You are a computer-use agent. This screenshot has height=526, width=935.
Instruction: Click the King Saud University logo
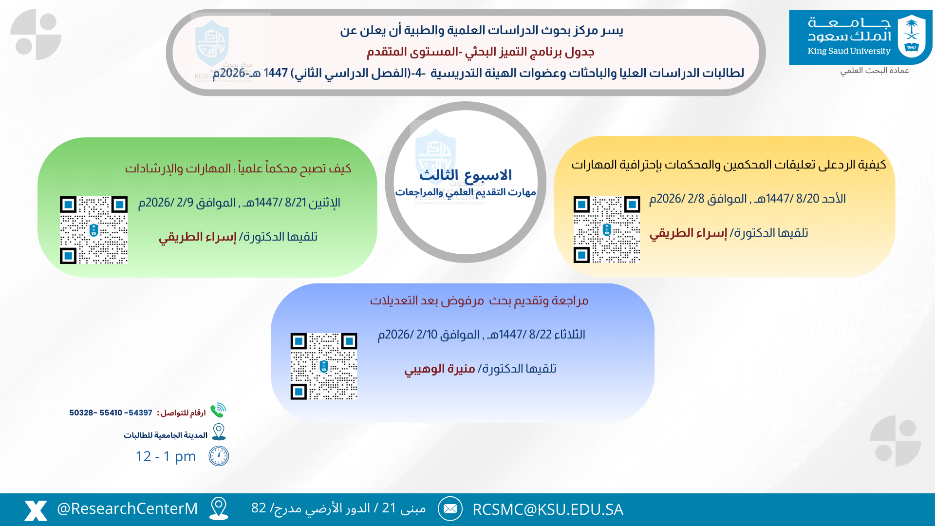click(860, 37)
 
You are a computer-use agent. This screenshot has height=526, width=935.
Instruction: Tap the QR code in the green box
click(93, 230)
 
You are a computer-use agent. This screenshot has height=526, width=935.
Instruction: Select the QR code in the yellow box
click(607, 229)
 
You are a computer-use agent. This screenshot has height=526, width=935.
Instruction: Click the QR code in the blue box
click(324, 366)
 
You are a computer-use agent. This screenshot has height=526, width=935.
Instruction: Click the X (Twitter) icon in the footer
click(36, 510)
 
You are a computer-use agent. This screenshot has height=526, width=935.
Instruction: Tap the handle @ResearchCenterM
click(127, 508)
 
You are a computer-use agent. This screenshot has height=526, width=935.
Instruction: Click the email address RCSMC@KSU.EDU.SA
click(547, 509)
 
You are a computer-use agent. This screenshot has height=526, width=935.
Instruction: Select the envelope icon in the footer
click(450, 509)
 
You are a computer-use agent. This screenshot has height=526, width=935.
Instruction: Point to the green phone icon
click(218, 410)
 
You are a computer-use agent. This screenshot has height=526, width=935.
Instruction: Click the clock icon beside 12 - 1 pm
click(219, 456)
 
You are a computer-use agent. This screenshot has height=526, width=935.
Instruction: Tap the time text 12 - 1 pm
click(166, 456)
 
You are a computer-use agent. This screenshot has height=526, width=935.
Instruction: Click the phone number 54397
click(140, 413)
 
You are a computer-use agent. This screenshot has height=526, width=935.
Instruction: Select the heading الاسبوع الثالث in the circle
click(465, 174)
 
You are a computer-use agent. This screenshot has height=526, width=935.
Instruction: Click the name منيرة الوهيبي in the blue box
click(439, 369)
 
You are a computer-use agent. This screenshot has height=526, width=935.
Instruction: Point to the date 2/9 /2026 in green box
click(166, 203)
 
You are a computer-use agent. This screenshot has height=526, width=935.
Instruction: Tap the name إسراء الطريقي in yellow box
click(688, 233)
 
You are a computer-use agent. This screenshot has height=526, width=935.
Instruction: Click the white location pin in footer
click(219, 508)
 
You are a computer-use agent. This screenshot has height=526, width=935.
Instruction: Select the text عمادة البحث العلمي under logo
click(874, 71)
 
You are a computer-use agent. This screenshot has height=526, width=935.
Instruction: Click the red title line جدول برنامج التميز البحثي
click(480, 52)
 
